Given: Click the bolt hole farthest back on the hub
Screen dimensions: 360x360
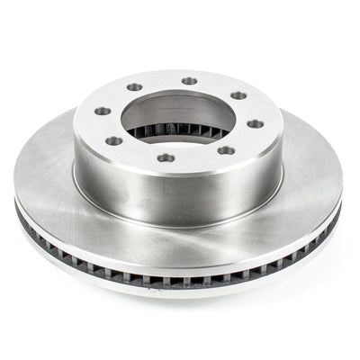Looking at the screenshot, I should [x=189, y=81].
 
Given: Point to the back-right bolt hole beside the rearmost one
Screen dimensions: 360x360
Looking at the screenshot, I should [x=238, y=94].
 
